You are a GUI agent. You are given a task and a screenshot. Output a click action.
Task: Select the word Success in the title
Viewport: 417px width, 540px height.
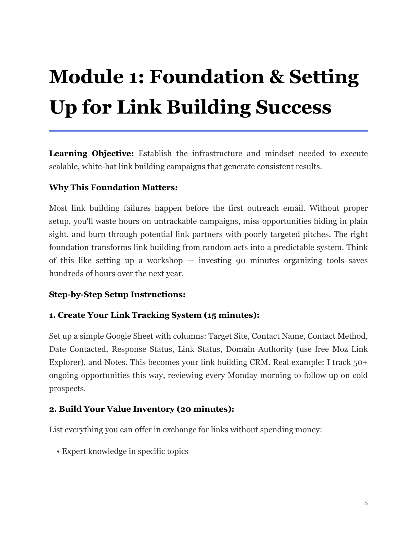293,107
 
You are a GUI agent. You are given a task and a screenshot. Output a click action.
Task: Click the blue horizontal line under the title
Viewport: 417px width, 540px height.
208,131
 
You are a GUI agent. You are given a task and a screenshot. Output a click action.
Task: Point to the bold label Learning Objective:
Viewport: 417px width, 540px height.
91,153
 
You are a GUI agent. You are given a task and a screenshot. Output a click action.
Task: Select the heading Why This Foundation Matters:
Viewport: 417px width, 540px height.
113,188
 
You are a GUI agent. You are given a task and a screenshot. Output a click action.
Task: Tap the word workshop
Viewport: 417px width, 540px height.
165,261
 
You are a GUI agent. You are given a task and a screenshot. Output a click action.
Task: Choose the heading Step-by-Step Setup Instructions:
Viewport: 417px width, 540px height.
117,295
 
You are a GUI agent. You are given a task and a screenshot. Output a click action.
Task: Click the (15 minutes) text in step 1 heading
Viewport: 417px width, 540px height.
232,315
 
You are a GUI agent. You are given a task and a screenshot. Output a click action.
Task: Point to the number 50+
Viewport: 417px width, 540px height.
360,362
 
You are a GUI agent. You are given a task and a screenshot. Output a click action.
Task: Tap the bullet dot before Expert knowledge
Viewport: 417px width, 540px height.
58,452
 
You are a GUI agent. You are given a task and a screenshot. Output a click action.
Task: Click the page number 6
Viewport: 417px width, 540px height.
366,503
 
